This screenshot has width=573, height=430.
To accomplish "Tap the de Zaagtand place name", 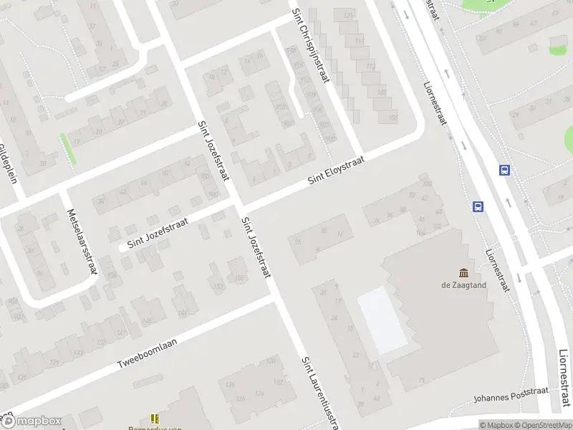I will [463, 285].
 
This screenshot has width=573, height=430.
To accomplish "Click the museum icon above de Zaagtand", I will [463, 272].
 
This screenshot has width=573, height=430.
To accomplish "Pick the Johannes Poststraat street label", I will [511, 394].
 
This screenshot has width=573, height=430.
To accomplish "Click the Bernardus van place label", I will [159, 427].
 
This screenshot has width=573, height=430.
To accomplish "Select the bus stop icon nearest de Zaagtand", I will [478, 206].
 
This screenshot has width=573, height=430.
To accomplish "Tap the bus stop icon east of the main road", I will [504, 171].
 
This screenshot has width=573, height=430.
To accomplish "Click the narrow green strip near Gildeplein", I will [69, 149].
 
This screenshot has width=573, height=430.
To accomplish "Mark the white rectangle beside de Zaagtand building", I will [382, 319].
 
